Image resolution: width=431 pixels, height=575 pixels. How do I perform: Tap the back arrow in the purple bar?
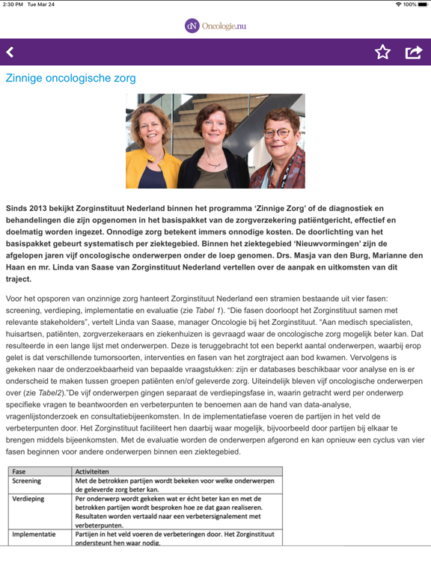pyautogui.click(x=10, y=52)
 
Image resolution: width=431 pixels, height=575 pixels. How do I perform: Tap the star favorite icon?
pyautogui.click(x=382, y=52)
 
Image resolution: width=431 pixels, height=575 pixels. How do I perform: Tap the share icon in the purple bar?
pyautogui.click(x=413, y=52)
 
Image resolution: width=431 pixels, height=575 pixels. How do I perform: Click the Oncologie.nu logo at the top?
pyautogui.click(x=215, y=25)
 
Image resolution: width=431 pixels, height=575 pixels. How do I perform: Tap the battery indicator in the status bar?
pyautogui.click(x=423, y=4)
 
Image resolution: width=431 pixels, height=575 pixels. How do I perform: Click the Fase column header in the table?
pyautogui.click(x=19, y=472)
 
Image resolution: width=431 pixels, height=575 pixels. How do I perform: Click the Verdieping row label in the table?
pyautogui.click(x=28, y=498)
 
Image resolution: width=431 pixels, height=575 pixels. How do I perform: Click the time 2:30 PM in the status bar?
pyautogui.click(x=13, y=4)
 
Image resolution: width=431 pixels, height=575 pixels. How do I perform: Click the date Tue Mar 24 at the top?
pyautogui.click(x=42, y=4)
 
